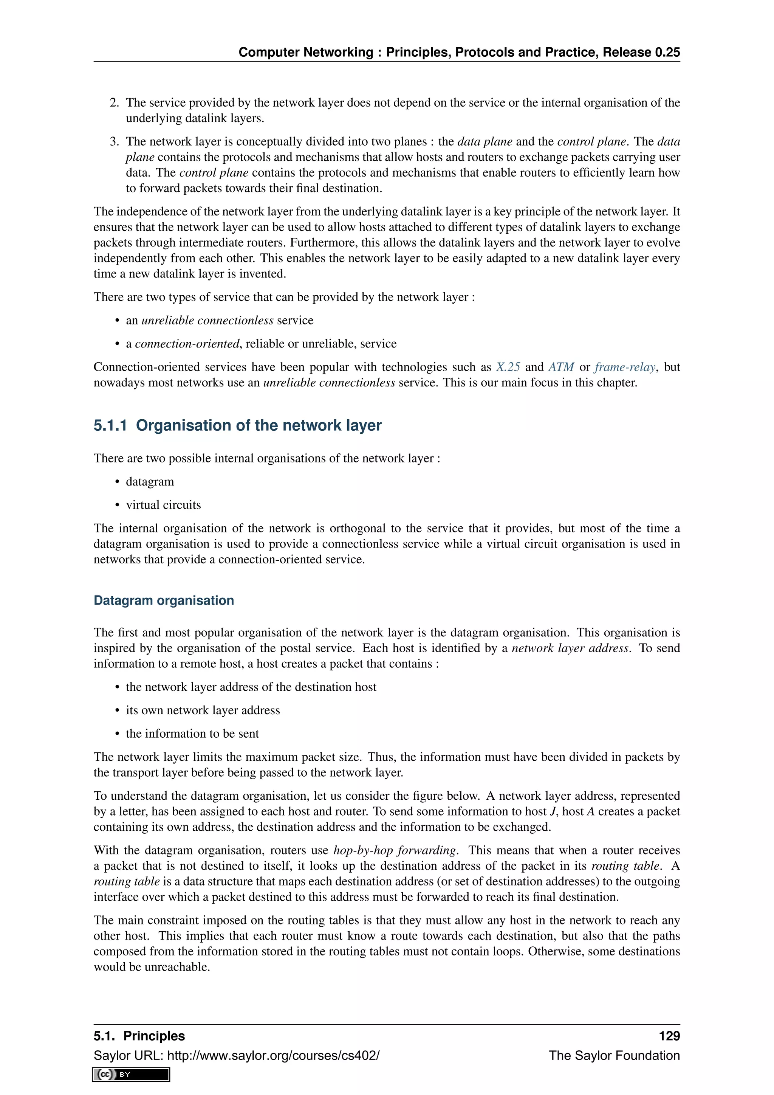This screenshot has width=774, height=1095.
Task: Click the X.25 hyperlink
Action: point(508,367)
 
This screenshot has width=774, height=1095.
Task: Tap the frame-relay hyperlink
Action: point(624,367)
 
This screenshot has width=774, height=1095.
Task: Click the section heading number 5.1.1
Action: point(110,425)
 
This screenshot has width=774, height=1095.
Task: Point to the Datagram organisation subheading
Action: point(164,600)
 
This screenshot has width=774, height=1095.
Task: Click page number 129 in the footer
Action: point(669,1036)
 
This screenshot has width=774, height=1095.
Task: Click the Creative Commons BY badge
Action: point(131,1075)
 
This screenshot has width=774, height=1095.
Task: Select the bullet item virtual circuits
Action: point(163,505)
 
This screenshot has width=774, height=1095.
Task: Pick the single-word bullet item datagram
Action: point(150,482)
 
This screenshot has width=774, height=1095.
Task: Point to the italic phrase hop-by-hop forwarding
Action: point(395,850)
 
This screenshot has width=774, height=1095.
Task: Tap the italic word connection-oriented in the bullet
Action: point(187,344)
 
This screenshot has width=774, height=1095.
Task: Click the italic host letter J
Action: point(553,812)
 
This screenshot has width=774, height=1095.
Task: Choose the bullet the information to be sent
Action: point(192,734)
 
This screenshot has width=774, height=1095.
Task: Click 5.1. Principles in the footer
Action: point(139,1036)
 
